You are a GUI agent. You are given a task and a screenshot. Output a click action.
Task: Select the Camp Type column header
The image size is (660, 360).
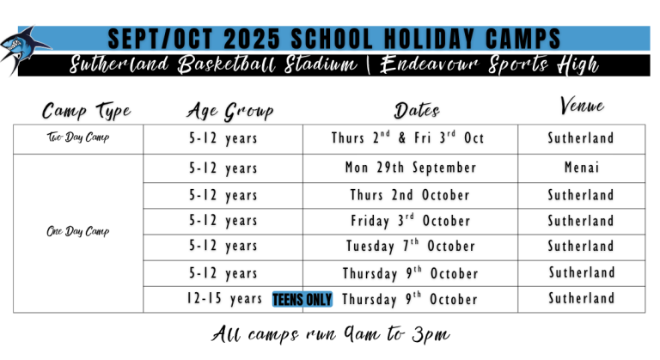(x=87, y=111)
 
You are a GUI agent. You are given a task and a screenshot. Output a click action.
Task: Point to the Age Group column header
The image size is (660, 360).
(x=229, y=111)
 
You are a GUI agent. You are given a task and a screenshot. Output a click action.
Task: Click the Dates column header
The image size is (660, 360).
(x=417, y=111)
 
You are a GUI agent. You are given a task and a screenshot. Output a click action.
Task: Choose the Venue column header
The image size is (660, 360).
(x=582, y=107)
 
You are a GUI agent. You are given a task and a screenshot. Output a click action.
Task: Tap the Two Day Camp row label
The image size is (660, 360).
(x=77, y=138)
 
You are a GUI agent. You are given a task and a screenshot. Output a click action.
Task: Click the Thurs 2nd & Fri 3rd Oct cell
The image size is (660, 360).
(x=407, y=138)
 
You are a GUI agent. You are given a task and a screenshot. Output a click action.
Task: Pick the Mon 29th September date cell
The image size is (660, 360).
(x=410, y=168)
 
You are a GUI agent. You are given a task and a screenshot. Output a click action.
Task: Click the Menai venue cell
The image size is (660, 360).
(x=582, y=168)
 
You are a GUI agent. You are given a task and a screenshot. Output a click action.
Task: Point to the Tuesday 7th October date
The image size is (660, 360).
(x=410, y=247)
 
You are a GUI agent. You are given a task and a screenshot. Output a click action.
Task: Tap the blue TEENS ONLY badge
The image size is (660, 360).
(x=301, y=299)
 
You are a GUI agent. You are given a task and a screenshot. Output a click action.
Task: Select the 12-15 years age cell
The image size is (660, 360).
(x=223, y=299)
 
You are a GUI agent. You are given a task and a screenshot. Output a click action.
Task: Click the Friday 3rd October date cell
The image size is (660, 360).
(x=410, y=221)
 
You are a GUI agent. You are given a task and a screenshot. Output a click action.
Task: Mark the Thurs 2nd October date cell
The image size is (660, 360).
(x=410, y=195)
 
